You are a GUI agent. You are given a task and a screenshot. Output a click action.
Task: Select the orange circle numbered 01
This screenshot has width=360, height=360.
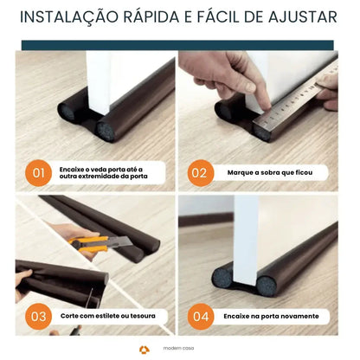coord(39,173)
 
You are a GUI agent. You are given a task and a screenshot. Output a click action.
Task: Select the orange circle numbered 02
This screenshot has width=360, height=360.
coord(200,173)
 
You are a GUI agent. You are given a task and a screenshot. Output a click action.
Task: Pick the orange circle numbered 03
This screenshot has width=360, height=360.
coord(39,317)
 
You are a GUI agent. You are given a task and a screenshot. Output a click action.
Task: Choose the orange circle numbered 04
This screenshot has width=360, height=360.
coord(200,317)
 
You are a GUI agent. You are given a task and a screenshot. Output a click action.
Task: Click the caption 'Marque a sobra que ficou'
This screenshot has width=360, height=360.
coord(270,173)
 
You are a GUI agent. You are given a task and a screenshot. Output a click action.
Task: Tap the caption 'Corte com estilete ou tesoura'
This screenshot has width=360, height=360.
coord(108,317)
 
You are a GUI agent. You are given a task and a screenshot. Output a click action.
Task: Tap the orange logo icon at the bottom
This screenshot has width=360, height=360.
coord(144,350)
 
